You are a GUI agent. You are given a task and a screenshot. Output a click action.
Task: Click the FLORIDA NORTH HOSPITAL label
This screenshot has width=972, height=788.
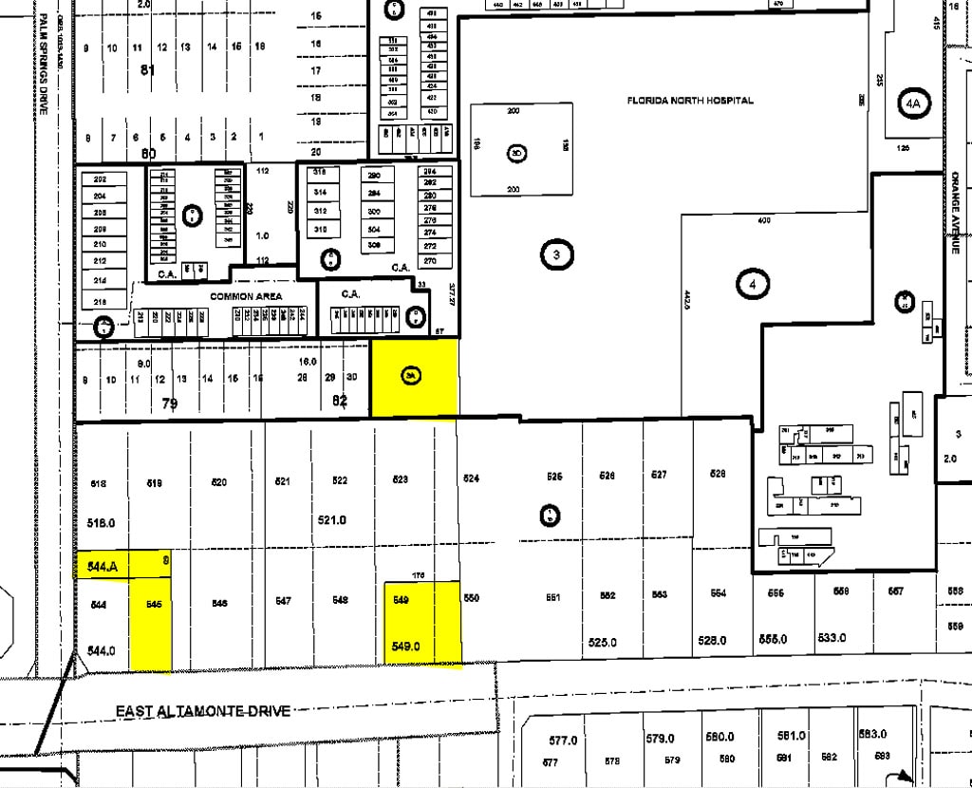tap(690, 101)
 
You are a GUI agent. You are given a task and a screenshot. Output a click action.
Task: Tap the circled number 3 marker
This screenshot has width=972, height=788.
tap(556, 254)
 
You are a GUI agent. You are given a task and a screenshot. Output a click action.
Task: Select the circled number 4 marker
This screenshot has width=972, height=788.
tap(753, 283)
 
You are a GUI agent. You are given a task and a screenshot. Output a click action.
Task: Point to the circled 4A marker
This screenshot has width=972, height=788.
tap(913, 103)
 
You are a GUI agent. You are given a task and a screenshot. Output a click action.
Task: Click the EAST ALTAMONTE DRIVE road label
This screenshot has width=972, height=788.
tap(203, 711)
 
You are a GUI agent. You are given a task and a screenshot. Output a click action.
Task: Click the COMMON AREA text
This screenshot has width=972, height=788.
tap(246, 296)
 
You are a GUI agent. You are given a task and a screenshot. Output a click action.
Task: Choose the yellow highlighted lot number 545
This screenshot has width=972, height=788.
tap(155, 604)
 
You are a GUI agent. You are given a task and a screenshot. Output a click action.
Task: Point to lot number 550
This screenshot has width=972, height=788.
tap(472, 599)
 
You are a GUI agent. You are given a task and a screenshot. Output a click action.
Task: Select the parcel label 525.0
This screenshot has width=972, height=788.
tap(602, 642)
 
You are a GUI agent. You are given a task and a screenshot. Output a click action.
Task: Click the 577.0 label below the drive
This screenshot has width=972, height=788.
tap(563, 740)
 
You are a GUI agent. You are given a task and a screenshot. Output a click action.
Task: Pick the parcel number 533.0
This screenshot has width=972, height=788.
tap(831, 638)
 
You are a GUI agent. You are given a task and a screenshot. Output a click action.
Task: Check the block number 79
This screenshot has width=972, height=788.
tap(170, 403)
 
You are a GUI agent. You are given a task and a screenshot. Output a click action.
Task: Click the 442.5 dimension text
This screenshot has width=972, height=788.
tap(688, 302)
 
